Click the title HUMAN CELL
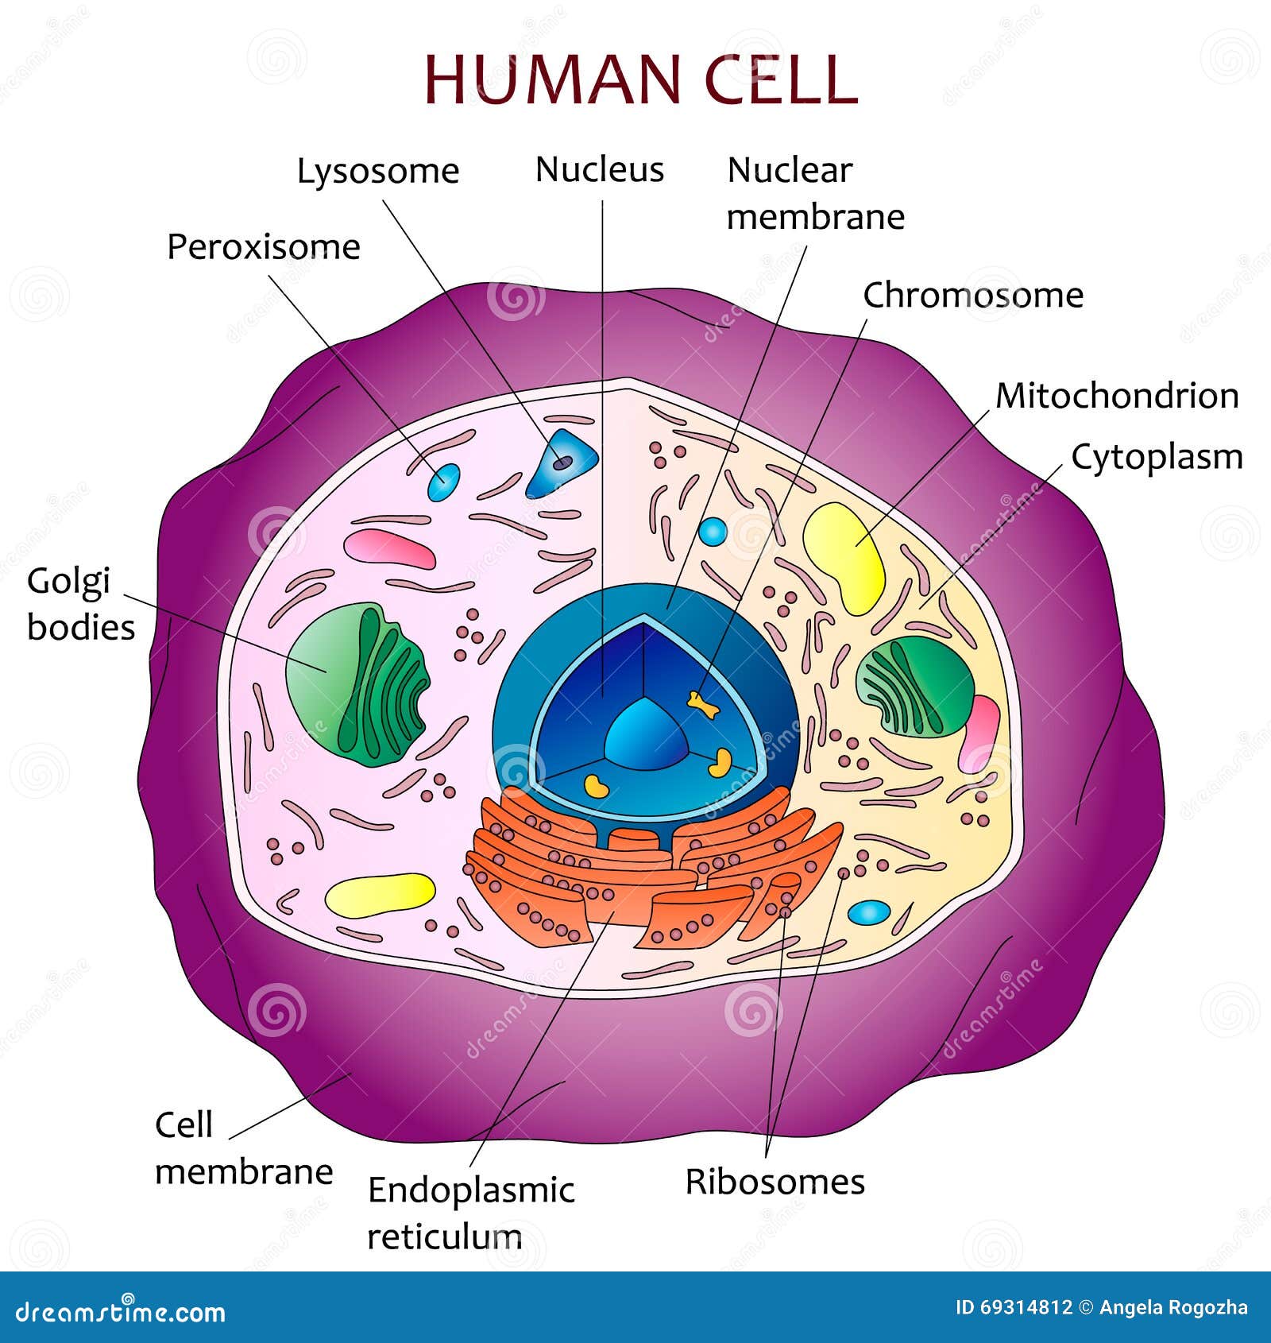(640, 79)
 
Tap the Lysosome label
(378, 172)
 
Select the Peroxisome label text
(263, 247)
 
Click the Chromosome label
(973, 296)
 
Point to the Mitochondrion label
(1117, 396)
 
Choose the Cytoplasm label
(1157, 458)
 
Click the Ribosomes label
(775, 1182)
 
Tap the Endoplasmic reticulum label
(470, 1213)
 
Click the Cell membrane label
(242, 1149)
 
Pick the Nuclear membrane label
(815, 193)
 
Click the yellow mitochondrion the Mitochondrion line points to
(844, 556)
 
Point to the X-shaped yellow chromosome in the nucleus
(702, 702)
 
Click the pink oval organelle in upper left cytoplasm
(389, 549)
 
